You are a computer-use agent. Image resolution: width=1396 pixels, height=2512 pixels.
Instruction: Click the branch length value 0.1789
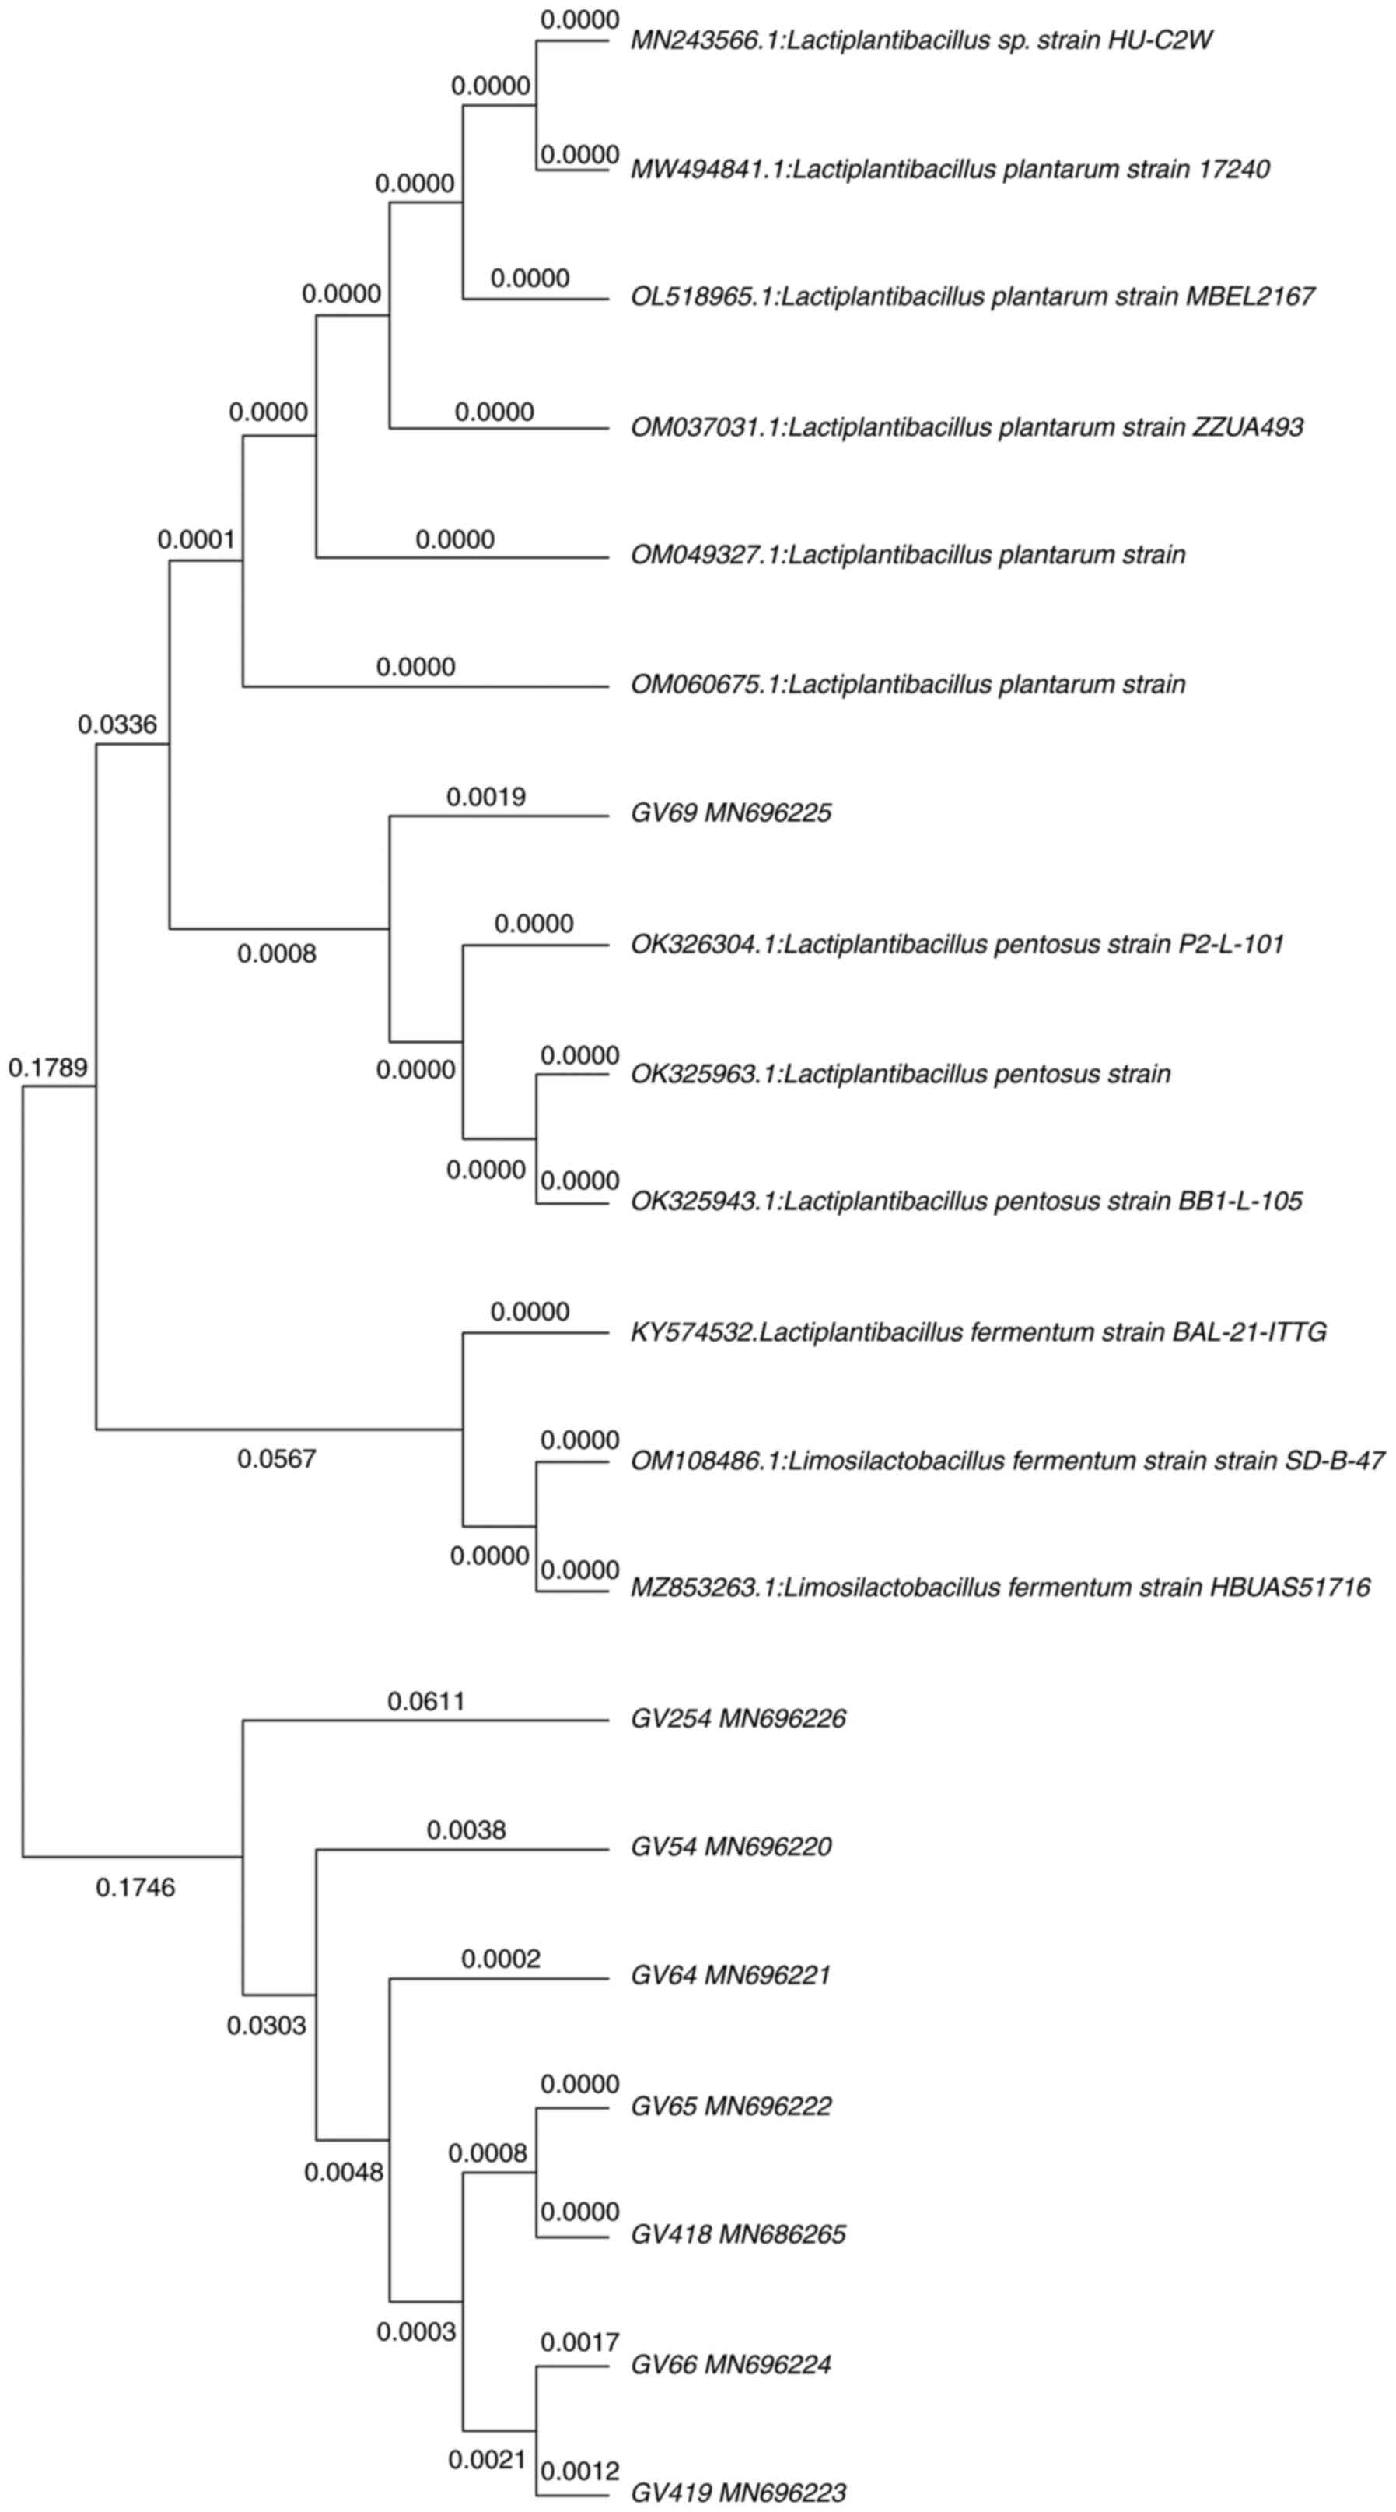coord(47,1068)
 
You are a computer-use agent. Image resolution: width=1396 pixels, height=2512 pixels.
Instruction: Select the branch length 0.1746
coord(135,1888)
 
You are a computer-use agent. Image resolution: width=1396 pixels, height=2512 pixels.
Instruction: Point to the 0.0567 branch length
coord(277,1459)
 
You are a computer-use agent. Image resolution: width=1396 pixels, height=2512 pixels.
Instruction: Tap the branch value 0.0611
coord(427,1702)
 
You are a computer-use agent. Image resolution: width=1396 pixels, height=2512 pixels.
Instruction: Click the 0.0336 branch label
coord(117,724)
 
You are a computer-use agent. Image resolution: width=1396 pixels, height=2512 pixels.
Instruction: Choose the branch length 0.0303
coord(266,2026)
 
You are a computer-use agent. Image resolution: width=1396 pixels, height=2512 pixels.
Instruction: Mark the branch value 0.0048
coord(343,2172)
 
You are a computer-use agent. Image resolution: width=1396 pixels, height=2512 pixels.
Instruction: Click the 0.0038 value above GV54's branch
coord(466,1830)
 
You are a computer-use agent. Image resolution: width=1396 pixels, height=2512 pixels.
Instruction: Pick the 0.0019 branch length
coord(485,798)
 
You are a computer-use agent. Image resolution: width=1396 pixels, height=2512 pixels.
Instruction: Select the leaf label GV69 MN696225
coord(731,813)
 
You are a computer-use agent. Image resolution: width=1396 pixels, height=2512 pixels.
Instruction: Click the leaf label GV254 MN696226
coord(738,1718)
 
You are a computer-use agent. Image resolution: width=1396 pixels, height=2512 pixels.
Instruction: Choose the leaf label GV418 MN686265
coord(738,2234)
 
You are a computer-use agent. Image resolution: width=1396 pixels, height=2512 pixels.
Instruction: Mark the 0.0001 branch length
coord(197,539)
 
